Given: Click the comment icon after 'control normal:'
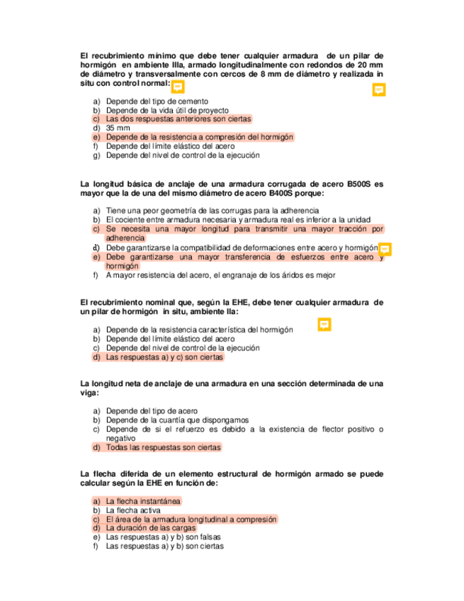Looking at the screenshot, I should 179,86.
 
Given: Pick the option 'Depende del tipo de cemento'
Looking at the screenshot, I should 157,101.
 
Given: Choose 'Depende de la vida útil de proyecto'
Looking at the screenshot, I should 166,111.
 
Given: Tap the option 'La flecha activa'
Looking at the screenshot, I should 133,510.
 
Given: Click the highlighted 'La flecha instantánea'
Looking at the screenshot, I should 142,500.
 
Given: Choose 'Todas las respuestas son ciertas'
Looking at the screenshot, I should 163,447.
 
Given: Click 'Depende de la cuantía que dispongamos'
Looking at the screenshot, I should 176,420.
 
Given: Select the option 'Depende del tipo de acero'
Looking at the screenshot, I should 151,410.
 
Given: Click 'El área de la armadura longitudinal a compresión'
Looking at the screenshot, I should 191,519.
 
